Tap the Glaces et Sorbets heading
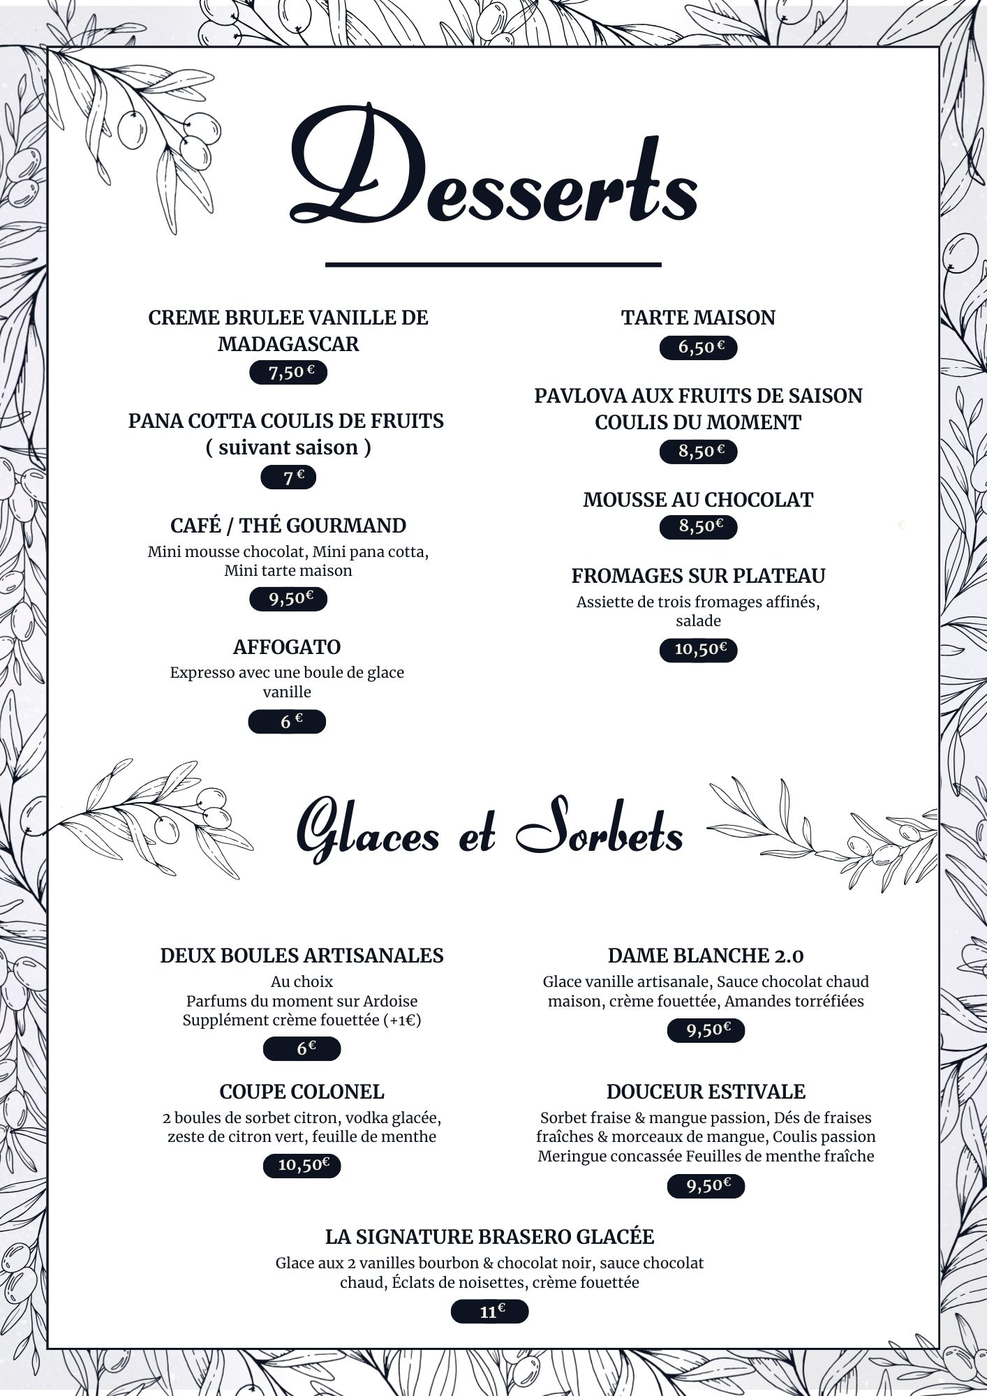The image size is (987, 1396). pos(490,834)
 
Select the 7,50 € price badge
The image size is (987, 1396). pos(288,373)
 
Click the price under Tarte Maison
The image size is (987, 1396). pos(698,347)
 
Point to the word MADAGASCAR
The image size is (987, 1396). pos(288,344)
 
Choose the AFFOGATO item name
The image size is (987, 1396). pos(287,647)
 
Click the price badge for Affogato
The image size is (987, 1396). pos(287,722)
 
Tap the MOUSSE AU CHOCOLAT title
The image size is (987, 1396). pos(698,500)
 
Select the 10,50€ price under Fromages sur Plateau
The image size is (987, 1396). pos(698,650)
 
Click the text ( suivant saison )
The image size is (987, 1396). pos(288,447)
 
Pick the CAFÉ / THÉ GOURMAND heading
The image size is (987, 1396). pos(288,526)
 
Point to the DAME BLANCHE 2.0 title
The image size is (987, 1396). pos(706,956)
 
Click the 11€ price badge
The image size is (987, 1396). pos(490,1312)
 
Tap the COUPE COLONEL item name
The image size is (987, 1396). pos(302,1092)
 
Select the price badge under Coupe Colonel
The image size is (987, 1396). pos(302,1165)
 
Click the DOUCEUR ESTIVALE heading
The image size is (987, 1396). pos(706,1092)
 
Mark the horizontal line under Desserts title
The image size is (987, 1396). pos(493,265)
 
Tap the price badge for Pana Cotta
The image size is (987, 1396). pos(288,478)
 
